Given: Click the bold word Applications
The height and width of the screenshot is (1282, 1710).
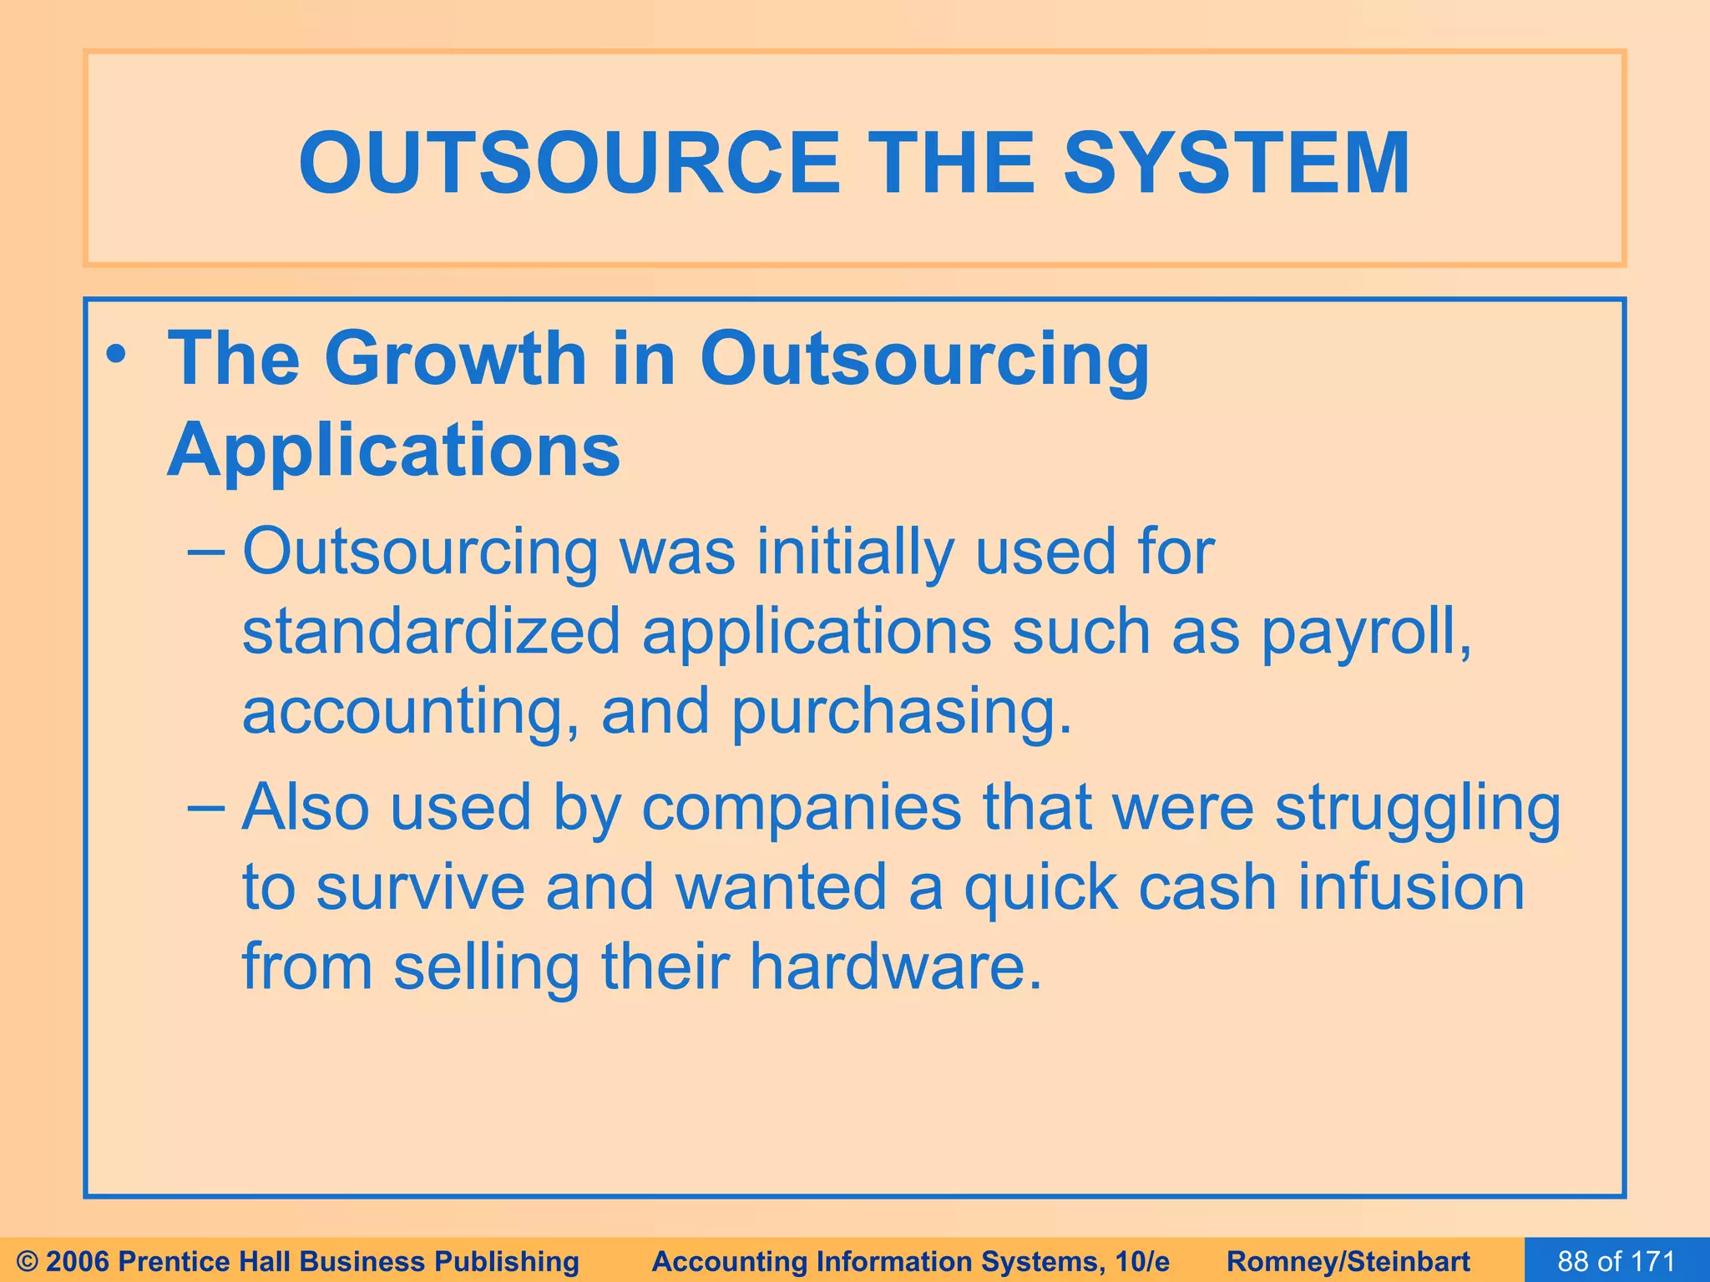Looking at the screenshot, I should pos(394,452).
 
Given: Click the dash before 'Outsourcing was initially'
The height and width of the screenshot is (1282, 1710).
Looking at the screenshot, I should pos(206,553).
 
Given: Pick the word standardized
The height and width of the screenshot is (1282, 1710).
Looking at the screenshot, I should pos(431,632).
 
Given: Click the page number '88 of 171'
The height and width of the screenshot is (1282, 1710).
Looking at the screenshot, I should pos(1616,1261).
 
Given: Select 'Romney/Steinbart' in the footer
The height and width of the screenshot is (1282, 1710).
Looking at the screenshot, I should pos(1348,1261).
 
